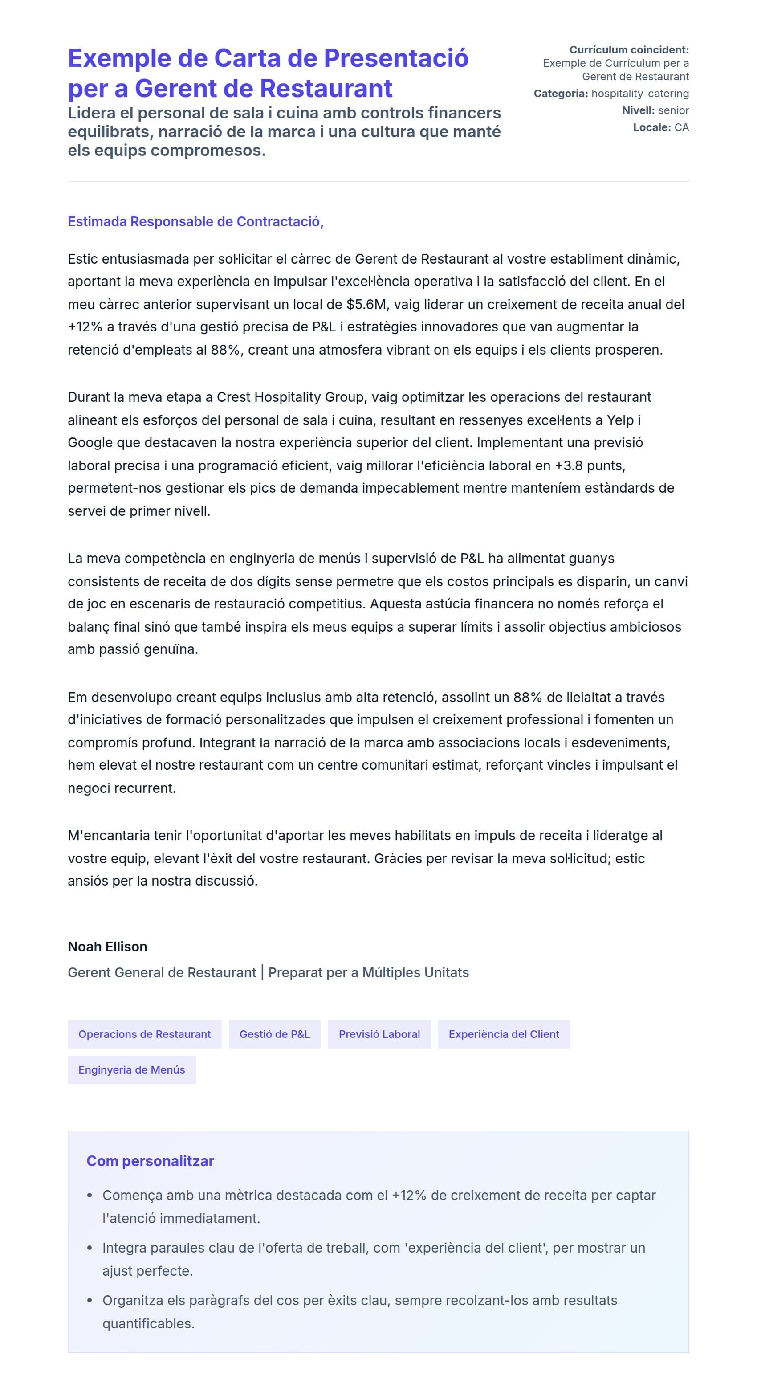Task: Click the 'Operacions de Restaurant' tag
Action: click(144, 1034)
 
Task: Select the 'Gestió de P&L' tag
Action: click(274, 1034)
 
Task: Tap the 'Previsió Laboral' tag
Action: click(379, 1034)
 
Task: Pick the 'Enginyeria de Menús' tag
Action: click(132, 1070)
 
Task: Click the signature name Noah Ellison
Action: click(107, 947)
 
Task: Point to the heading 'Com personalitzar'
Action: click(150, 1161)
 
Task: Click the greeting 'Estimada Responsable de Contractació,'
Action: click(195, 222)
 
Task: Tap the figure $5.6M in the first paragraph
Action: click(367, 305)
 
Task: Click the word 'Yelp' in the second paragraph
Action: click(620, 420)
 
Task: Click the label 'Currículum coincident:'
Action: click(629, 50)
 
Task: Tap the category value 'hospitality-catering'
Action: click(640, 94)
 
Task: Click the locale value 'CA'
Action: click(681, 127)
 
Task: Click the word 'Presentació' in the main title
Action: click(396, 58)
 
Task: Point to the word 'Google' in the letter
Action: click(90, 443)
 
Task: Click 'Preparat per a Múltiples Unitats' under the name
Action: click(368, 973)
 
